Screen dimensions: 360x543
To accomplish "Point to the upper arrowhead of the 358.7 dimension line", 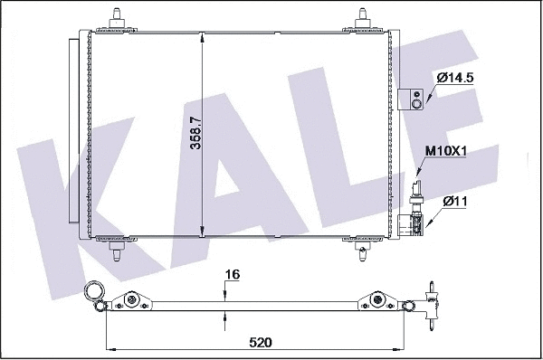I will pyautogui.click(x=202, y=38).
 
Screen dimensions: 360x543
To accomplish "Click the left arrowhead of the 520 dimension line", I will pyautogui.click(x=111, y=349).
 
